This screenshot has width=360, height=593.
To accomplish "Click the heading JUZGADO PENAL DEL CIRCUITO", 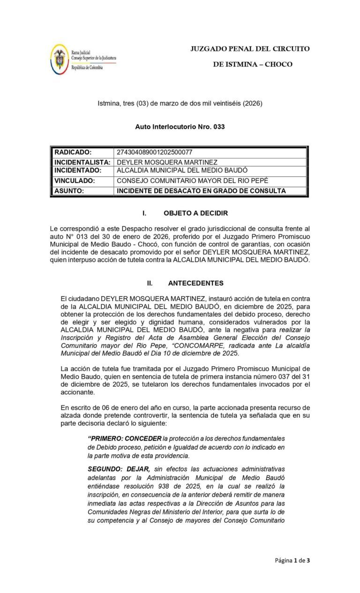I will tap(250, 49).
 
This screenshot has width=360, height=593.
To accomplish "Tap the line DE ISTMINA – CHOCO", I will tap(252, 64).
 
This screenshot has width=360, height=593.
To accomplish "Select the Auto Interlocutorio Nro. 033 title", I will tap(180, 127).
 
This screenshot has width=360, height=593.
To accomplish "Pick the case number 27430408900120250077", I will tap(154, 152).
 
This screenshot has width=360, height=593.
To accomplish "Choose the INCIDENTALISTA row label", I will tap(82, 162).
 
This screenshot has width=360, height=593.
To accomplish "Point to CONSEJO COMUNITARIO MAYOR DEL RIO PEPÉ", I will tap(193, 180).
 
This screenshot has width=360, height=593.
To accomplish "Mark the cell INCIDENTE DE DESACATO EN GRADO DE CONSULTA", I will tap(201, 191).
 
